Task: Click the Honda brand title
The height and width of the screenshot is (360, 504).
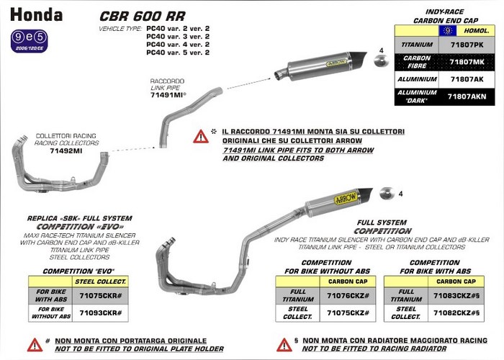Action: pyautogui.click(x=36, y=14)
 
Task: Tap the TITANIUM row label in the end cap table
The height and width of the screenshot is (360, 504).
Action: pyautogui.click(x=416, y=45)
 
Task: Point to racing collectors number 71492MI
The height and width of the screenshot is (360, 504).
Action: pyautogui.click(x=66, y=150)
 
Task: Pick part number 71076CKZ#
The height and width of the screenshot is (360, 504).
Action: pyautogui.click(x=348, y=296)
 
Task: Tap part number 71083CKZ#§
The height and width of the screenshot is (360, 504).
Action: pyautogui.click(x=456, y=296)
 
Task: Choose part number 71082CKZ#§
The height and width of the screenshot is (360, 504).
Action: pyautogui.click(x=456, y=312)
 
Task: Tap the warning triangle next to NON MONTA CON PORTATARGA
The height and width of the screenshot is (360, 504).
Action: pyautogui.click(x=35, y=344)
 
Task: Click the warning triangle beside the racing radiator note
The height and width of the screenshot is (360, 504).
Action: pyautogui.click(x=284, y=344)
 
